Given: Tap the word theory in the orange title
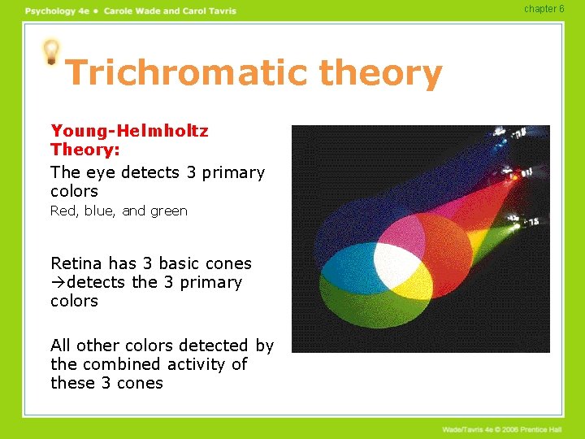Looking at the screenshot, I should click(x=381, y=73).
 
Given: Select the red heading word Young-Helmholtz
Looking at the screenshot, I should click(x=129, y=131).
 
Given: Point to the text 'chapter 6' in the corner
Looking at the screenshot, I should click(x=544, y=9).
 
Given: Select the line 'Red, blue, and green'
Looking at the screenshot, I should click(x=119, y=211).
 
